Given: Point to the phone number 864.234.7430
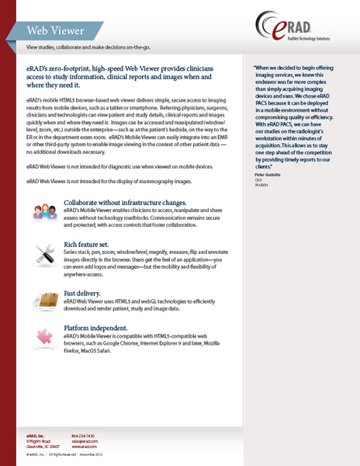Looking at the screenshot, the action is point(84,435).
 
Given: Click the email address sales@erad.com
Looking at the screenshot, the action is point(85,440).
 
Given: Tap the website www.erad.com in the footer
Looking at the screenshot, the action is point(84,446).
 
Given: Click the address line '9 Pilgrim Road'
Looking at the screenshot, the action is point(40,440).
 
